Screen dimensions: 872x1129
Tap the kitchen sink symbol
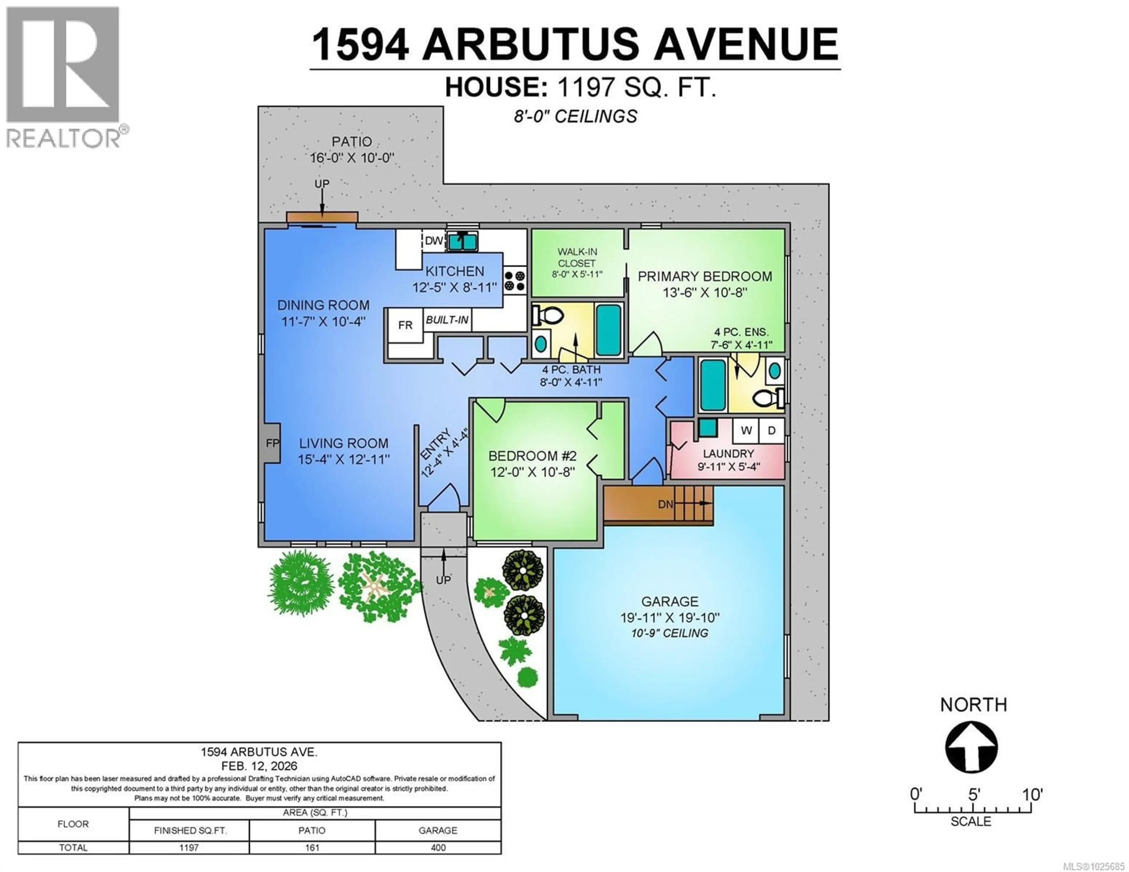(x=462, y=241)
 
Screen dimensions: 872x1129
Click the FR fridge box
(x=405, y=325)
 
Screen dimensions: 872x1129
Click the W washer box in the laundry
(x=746, y=430)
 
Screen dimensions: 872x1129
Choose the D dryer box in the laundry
(x=771, y=430)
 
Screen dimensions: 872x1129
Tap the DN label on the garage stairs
(x=665, y=503)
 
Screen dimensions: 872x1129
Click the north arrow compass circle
(x=971, y=747)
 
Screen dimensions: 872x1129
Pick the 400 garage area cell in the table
(x=438, y=848)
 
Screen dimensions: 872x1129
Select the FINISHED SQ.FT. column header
(x=190, y=831)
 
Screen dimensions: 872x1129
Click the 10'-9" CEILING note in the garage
(x=669, y=633)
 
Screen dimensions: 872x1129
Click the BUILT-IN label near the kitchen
(x=447, y=320)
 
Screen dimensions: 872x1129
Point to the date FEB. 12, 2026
(x=259, y=766)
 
